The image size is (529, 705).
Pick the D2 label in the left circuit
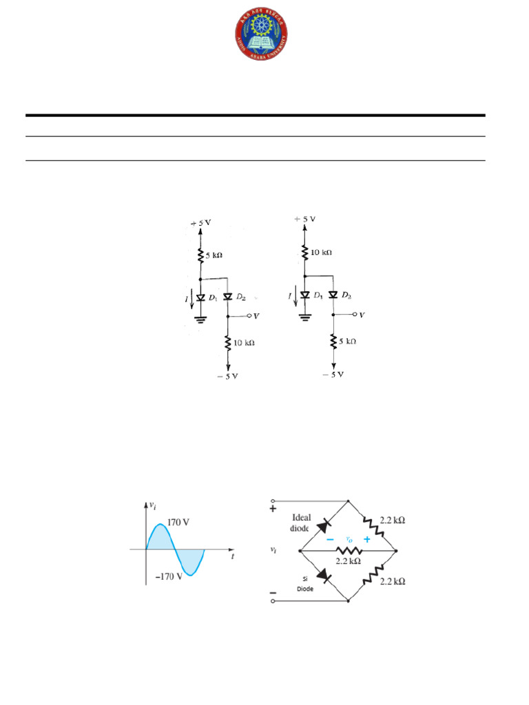click(240, 297)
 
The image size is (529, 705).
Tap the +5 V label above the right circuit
click(304, 219)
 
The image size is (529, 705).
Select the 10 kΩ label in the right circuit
click(321, 252)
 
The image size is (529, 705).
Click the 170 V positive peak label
click(178, 523)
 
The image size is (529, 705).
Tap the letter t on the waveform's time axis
click(232, 558)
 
